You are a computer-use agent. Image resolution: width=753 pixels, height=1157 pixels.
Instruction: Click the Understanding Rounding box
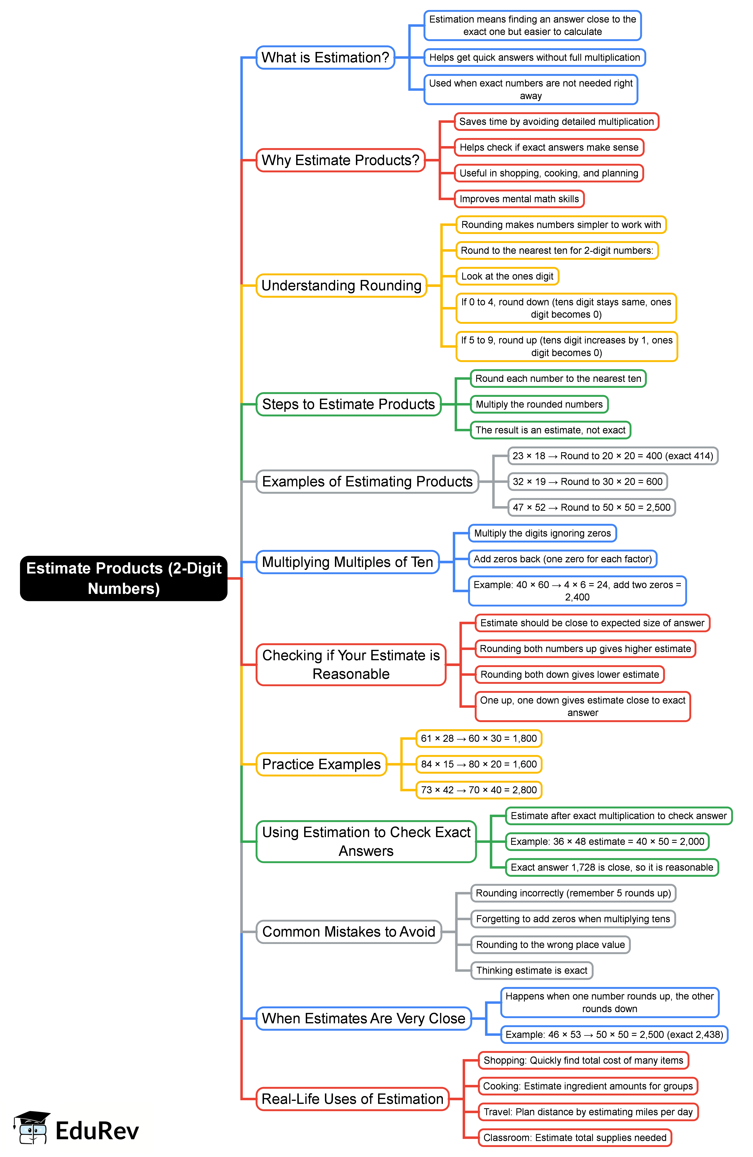[x=341, y=285]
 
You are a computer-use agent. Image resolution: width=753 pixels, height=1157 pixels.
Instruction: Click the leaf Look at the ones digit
[x=507, y=276]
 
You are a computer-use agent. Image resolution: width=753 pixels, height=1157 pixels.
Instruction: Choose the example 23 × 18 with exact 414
[x=613, y=456]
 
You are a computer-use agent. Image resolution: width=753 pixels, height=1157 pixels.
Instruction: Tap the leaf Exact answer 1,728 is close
[x=612, y=867]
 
